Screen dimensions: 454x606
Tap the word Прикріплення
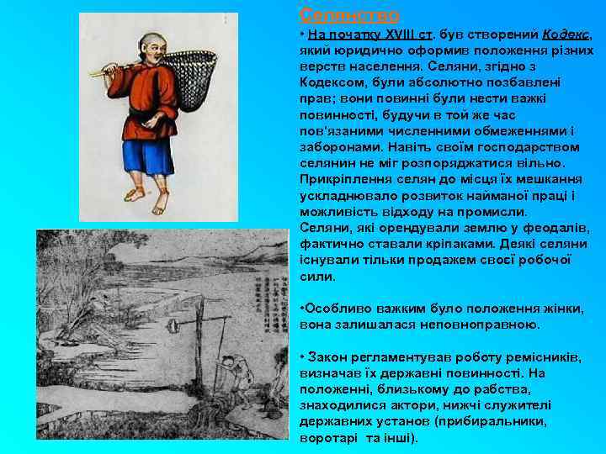pyautogui.click(x=341, y=179)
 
